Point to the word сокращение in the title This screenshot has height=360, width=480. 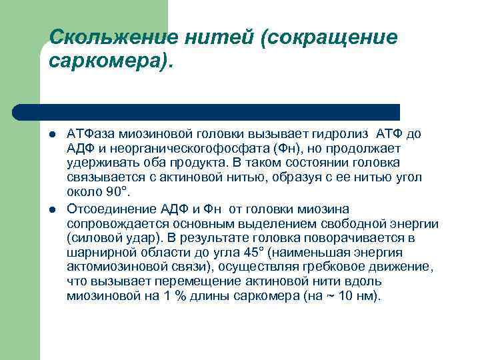(x=331, y=37)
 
